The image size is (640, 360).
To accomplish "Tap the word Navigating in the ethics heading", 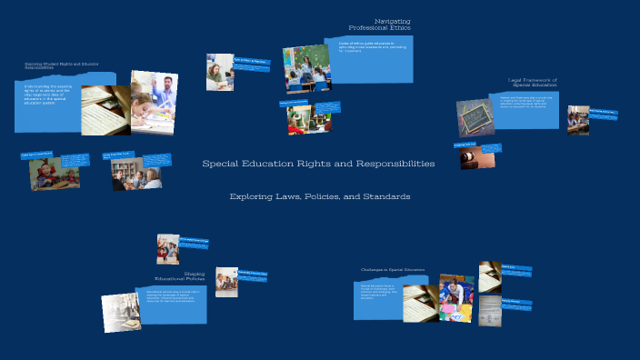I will click(x=392, y=20).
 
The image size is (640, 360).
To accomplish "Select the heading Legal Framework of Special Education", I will click(x=531, y=82).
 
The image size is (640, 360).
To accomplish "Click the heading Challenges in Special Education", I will click(x=392, y=269).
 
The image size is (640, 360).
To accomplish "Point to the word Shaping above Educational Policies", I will click(x=194, y=272).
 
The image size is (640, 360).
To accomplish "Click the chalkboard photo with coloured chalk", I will click(x=475, y=117).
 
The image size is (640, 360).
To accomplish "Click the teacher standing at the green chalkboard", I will click(x=306, y=69).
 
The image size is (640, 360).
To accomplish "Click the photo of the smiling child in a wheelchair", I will click(x=46, y=174).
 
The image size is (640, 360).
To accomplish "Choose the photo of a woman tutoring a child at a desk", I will click(x=219, y=72).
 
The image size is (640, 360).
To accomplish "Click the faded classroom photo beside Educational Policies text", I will click(x=120, y=312).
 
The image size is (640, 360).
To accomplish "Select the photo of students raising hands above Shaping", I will click(x=168, y=248).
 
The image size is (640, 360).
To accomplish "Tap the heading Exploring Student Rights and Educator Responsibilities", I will click(x=62, y=65).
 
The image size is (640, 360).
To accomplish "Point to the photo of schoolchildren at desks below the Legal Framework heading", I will click(x=578, y=119).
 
